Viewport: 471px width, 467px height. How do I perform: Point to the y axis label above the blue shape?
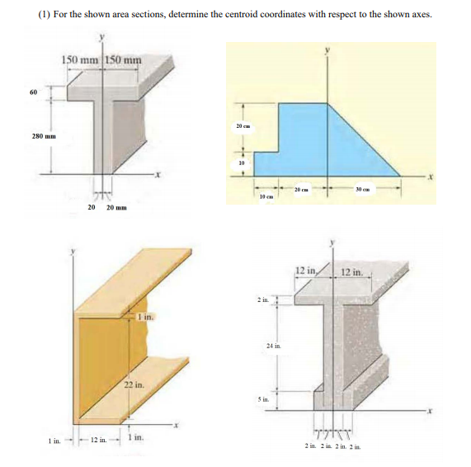(x=328, y=50)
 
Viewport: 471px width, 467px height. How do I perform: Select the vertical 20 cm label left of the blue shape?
(x=238, y=125)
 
